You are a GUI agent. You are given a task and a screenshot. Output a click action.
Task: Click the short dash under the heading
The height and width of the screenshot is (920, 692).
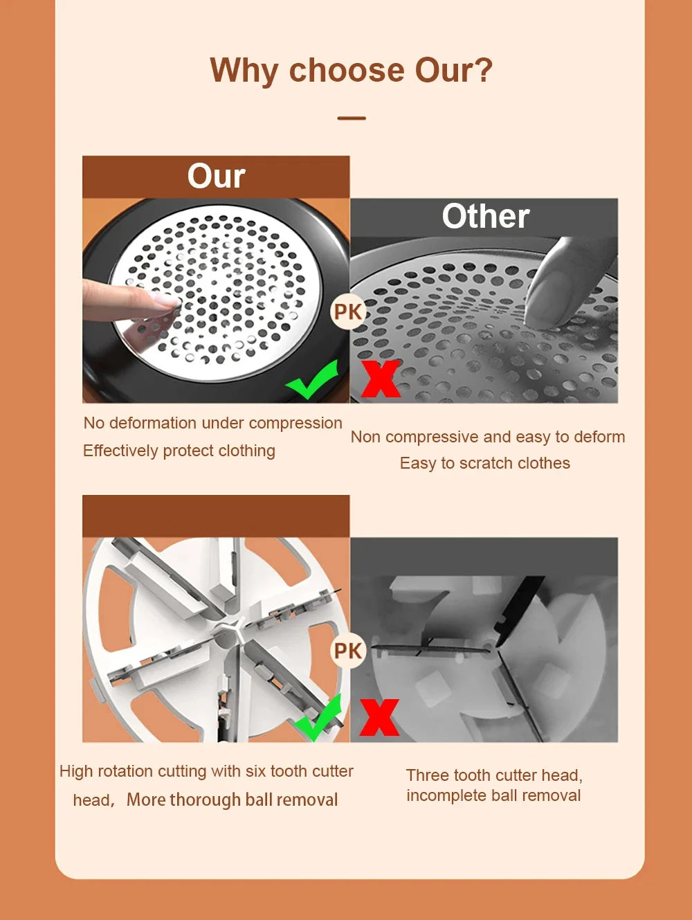(x=352, y=118)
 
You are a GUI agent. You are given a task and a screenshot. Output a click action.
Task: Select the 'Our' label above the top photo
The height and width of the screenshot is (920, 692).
(x=216, y=177)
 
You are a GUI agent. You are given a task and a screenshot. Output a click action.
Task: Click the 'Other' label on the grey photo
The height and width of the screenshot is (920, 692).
(x=486, y=217)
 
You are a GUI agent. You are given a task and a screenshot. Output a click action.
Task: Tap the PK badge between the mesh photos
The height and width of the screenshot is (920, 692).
(x=347, y=312)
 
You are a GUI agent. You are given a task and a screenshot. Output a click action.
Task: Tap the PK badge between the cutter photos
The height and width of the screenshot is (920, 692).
(x=347, y=651)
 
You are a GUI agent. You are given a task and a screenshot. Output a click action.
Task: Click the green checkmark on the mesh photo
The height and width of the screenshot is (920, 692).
(x=313, y=380)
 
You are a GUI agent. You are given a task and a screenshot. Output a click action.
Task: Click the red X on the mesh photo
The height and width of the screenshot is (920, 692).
(x=380, y=379)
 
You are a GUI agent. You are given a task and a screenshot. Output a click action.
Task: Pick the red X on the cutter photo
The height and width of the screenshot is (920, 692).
(x=379, y=717)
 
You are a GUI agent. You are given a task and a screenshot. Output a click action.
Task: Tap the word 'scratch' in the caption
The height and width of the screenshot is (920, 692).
(x=469, y=463)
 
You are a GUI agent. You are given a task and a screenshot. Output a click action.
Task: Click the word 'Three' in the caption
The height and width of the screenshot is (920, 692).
(x=426, y=775)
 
